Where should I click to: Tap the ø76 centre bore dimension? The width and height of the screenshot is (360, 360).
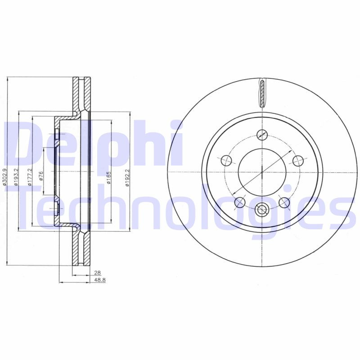click(x=41, y=176)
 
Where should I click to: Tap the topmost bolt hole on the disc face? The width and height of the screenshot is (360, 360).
click(x=262, y=134)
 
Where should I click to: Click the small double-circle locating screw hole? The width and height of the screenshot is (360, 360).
click(x=261, y=209)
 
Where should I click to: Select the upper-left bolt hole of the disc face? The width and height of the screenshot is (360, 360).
click(x=226, y=160)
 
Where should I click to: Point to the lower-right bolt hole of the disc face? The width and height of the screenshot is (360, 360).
click(x=283, y=202)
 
